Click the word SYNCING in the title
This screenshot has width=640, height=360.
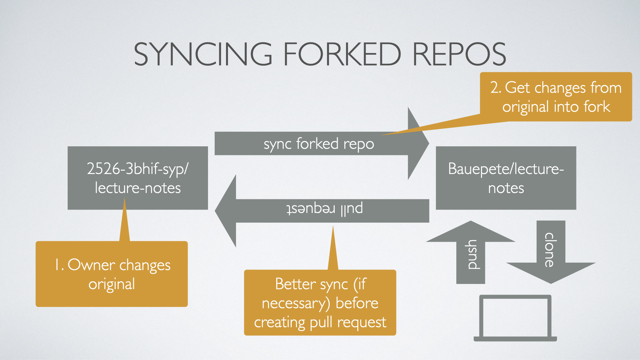203,54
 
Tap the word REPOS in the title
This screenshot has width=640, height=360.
459,54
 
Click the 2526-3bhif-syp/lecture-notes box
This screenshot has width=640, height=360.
138,178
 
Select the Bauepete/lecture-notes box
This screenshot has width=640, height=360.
506,178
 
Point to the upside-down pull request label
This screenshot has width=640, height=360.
324,209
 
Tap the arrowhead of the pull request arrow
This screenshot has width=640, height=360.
227,211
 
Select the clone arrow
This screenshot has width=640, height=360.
551,253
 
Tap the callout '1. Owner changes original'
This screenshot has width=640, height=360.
112,274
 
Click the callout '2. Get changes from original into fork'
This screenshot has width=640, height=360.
556,97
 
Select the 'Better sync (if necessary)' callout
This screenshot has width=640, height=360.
320,303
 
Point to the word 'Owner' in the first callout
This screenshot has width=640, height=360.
91,265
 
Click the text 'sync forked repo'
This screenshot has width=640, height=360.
319,144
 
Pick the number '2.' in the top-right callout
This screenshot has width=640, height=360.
496,88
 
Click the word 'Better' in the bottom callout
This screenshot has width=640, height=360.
295,284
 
